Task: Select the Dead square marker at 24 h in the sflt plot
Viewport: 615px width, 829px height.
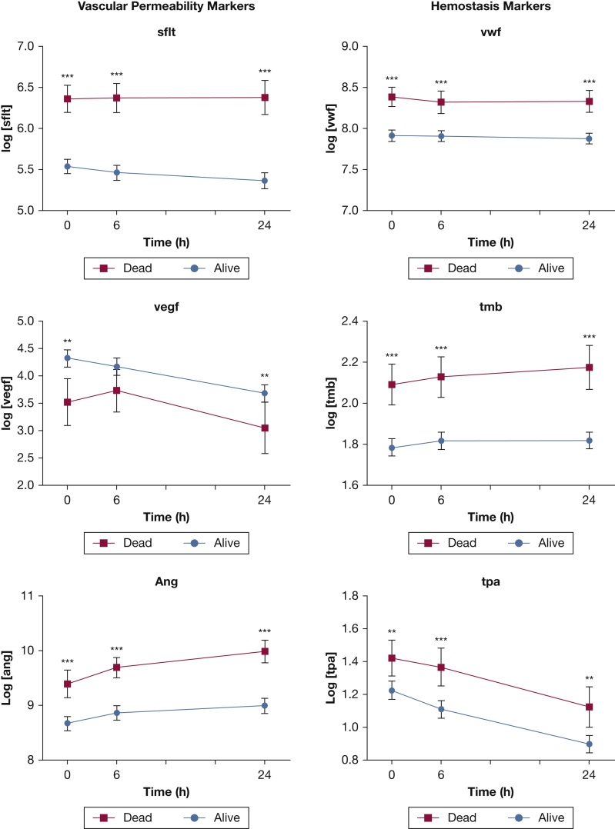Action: [265, 98]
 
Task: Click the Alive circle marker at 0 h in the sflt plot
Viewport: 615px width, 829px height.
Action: [68, 166]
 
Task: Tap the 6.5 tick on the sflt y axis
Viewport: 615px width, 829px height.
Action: [34, 87]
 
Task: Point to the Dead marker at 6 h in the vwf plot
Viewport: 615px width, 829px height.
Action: [441, 102]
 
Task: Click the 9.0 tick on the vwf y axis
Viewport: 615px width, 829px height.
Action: [359, 46]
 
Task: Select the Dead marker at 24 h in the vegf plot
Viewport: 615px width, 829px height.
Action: [265, 428]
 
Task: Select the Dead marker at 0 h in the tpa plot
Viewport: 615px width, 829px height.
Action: [392, 658]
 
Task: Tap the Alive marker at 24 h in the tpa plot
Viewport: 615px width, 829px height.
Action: [589, 744]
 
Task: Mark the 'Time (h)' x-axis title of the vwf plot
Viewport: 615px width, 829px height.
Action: [490, 242]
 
